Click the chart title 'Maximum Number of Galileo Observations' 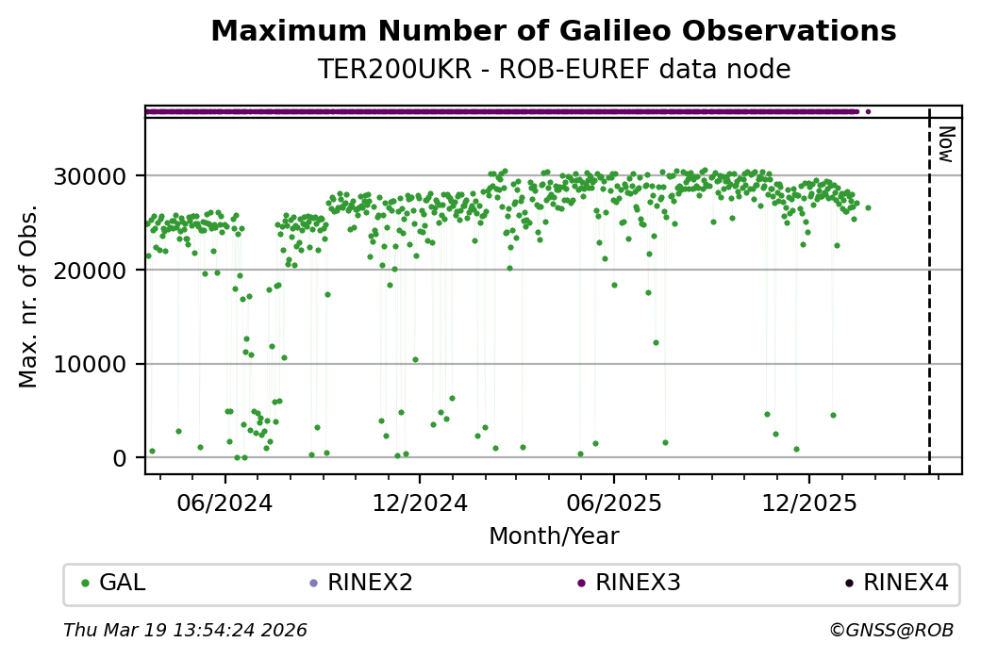(553, 31)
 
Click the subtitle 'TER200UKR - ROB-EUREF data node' (553, 70)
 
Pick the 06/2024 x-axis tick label (224, 502)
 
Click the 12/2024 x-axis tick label (420, 502)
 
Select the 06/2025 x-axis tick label (614, 502)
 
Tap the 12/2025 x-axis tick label (808, 502)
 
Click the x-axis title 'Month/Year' (554, 536)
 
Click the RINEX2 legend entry (369, 583)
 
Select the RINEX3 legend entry (637, 583)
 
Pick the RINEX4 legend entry (905, 583)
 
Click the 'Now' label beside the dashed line (946, 143)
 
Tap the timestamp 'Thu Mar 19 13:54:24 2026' (185, 630)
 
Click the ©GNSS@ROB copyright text (890, 630)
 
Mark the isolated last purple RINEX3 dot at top (868, 111)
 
